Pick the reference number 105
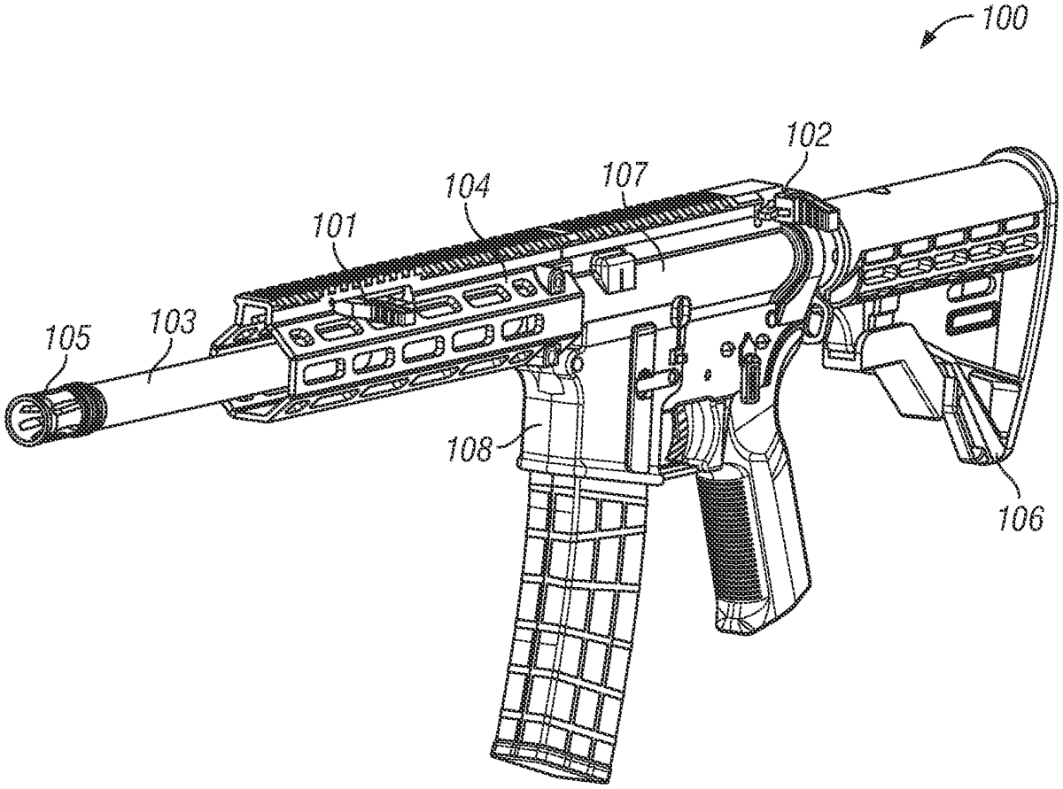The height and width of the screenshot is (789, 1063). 69,337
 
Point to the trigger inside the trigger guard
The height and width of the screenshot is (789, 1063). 708,425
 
